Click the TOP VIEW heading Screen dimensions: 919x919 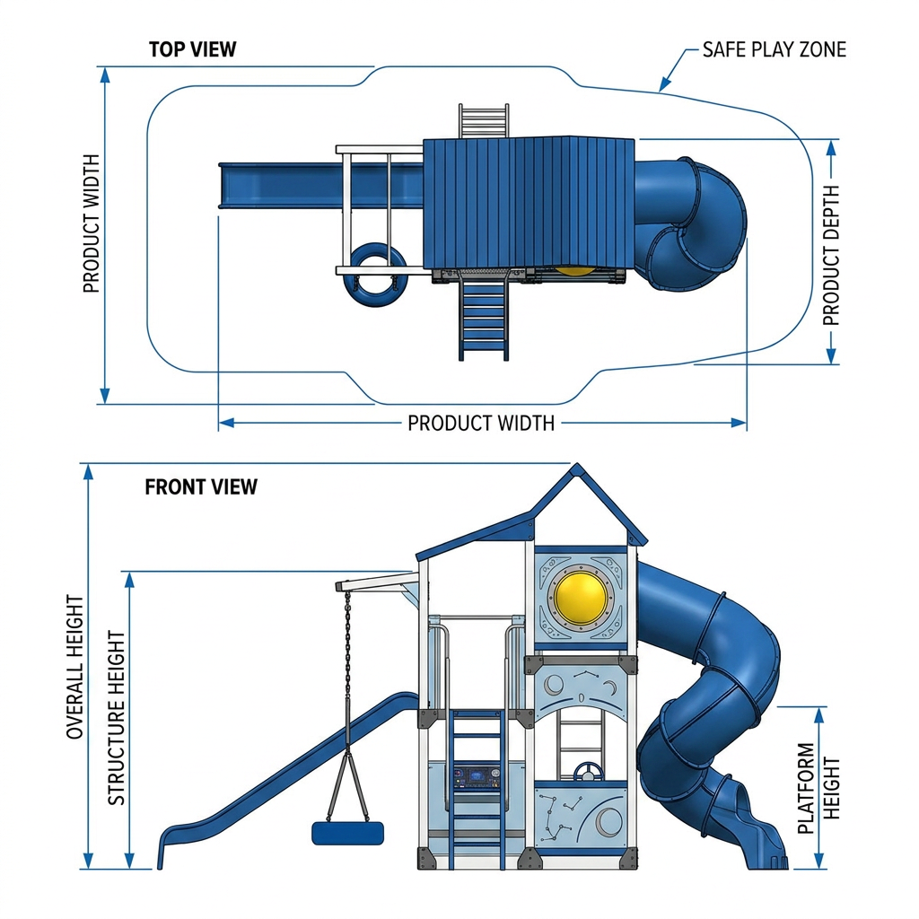(192, 49)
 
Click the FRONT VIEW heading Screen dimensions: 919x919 (201, 487)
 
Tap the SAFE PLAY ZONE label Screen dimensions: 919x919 (775, 50)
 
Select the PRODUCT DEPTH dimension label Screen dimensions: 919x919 (831, 256)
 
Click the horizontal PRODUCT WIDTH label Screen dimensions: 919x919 (481, 424)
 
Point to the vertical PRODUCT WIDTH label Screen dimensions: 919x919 (92, 223)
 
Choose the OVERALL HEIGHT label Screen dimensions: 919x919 (75, 667)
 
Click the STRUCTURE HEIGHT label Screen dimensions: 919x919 (116, 718)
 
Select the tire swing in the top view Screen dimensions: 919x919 (375, 275)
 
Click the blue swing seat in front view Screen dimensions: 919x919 (348, 834)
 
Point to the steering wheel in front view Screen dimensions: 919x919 (588, 773)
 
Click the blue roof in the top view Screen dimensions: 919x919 (529, 203)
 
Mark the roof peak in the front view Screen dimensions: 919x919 (577, 464)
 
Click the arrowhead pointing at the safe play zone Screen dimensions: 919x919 (663, 86)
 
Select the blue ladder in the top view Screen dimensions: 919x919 (484, 318)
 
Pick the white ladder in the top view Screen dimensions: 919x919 (484, 121)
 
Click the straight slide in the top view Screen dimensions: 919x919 (320, 185)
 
